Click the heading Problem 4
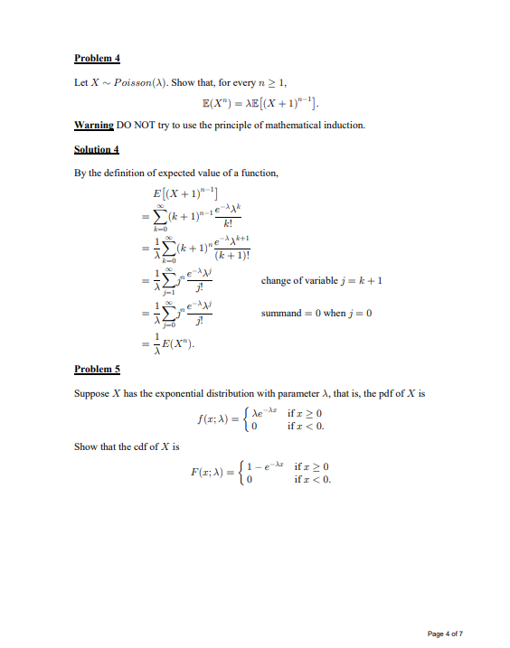97,59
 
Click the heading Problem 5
97,369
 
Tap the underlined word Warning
93,125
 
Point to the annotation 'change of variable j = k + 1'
323,280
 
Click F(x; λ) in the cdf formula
210,472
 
